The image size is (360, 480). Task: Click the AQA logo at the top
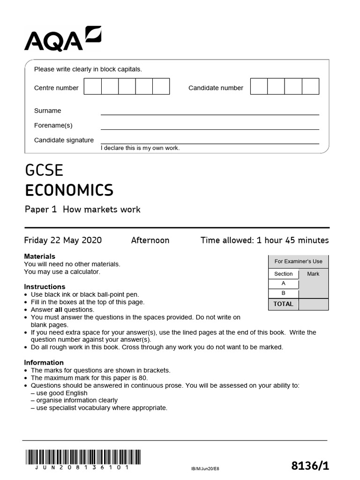click(x=62, y=38)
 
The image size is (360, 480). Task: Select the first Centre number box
click(x=92, y=87)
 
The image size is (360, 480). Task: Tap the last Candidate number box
click(x=310, y=87)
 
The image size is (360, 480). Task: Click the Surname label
click(x=47, y=111)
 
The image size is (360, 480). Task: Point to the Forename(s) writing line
click(x=210, y=129)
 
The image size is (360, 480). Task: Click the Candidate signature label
click(x=64, y=140)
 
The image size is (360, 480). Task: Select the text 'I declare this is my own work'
click(x=140, y=148)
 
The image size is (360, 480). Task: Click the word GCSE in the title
click(x=44, y=171)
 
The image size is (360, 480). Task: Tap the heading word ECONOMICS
click(x=69, y=190)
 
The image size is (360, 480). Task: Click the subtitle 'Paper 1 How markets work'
click(x=82, y=210)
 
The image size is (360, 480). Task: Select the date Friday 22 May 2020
click(x=63, y=240)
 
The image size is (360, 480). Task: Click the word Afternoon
click(x=150, y=240)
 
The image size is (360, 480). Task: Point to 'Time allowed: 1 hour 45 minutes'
click(x=264, y=240)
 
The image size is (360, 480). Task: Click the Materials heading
click(x=39, y=256)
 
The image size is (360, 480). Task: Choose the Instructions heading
click(x=45, y=286)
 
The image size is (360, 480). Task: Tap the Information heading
click(x=44, y=362)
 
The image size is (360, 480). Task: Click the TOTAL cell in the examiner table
click(x=283, y=304)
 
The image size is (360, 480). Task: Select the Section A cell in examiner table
click(x=283, y=284)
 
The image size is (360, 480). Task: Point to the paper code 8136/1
click(x=310, y=465)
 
